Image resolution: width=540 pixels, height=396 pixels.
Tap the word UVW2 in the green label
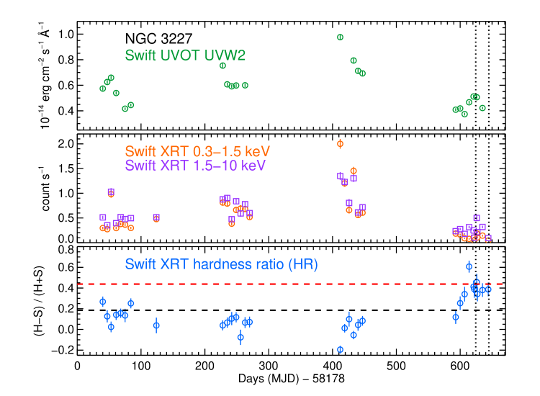pos(224,55)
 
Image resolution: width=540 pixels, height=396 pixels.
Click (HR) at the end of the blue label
pos(302,264)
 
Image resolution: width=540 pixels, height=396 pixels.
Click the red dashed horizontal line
pos(288,284)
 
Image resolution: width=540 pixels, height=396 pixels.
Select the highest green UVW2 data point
pos(340,37)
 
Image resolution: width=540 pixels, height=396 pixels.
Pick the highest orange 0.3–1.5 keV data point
pos(340,144)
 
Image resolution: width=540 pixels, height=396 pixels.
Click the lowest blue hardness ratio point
pos(340,349)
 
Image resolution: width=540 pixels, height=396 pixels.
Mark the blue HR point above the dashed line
pos(469,266)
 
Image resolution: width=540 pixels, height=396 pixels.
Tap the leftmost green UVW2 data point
pos(102,89)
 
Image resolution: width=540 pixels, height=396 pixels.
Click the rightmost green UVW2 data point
pos(482,108)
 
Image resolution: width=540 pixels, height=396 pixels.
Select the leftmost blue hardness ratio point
pos(102,302)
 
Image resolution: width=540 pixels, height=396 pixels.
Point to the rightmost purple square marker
pos(488,238)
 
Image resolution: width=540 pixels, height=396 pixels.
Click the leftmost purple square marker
pos(102,217)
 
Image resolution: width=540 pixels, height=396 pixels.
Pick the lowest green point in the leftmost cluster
pos(125,109)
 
